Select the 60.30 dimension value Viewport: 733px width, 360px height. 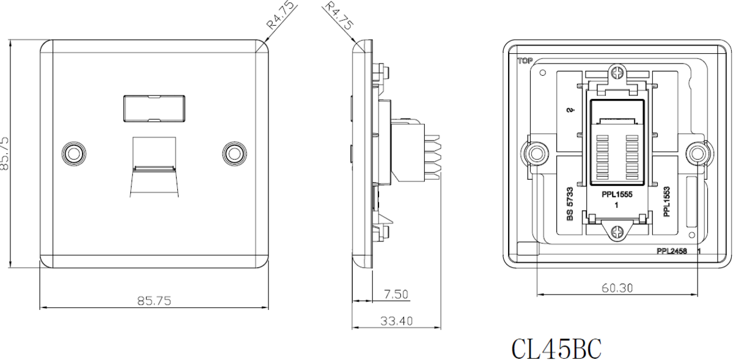(617, 287)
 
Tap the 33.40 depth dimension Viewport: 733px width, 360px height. (396, 321)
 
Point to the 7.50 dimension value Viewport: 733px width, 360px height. (396, 294)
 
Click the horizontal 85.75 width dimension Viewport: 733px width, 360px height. (154, 301)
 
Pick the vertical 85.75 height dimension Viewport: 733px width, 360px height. (5, 153)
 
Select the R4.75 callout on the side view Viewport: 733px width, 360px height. (339, 16)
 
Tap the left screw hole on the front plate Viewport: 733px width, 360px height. (74, 153)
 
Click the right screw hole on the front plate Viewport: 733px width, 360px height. (234, 153)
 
